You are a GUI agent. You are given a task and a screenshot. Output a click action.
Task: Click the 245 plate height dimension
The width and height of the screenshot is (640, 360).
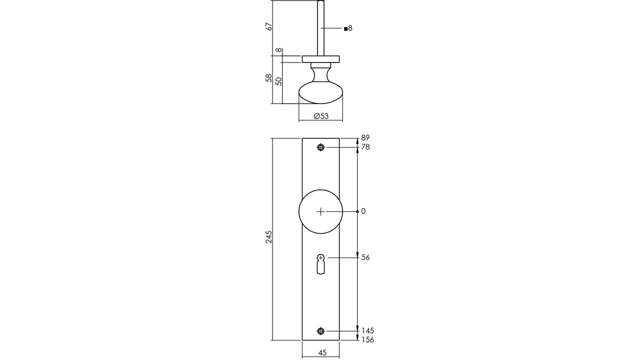[x=269, y=236]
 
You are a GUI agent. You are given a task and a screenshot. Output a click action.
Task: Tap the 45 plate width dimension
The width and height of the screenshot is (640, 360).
[x=322, y=353]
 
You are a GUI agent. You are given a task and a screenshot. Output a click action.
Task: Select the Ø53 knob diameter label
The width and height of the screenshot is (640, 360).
[x=321, y=116]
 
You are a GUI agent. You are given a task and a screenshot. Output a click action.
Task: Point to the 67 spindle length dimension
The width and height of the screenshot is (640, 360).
[x=269, y=26]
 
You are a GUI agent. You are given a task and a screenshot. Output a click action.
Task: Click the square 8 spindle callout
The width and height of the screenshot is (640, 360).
[x=348, y=28]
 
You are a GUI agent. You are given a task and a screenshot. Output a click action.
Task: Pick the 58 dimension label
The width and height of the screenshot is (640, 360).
[x=269, y=78]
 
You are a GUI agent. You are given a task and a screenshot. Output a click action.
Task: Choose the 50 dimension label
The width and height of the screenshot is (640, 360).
[x=278, y=81]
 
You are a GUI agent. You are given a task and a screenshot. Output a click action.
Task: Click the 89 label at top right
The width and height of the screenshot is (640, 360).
[x=365, y=137]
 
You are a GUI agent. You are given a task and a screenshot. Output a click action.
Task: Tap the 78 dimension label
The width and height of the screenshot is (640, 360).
[x=365, y=147]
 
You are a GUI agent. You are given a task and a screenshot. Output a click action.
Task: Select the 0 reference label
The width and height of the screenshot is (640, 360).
[x=363, y=211]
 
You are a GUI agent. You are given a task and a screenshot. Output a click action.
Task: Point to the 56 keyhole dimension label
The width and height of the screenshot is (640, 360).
[x=365, y=257]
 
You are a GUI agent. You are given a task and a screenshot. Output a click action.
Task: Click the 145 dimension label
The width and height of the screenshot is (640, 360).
[x=367, y=330]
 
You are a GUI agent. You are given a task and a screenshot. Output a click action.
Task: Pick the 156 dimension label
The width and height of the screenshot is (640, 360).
[x=367, y=339]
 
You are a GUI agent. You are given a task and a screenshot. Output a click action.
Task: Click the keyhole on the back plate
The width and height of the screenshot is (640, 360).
[x=321, y=264]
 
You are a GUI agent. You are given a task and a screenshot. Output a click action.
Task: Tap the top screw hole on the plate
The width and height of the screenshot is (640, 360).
[x=321, y=147]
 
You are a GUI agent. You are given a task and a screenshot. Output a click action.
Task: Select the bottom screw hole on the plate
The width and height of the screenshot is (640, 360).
[x=321, y=331]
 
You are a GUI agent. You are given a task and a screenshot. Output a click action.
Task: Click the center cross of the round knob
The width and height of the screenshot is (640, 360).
[x=321, y=211]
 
